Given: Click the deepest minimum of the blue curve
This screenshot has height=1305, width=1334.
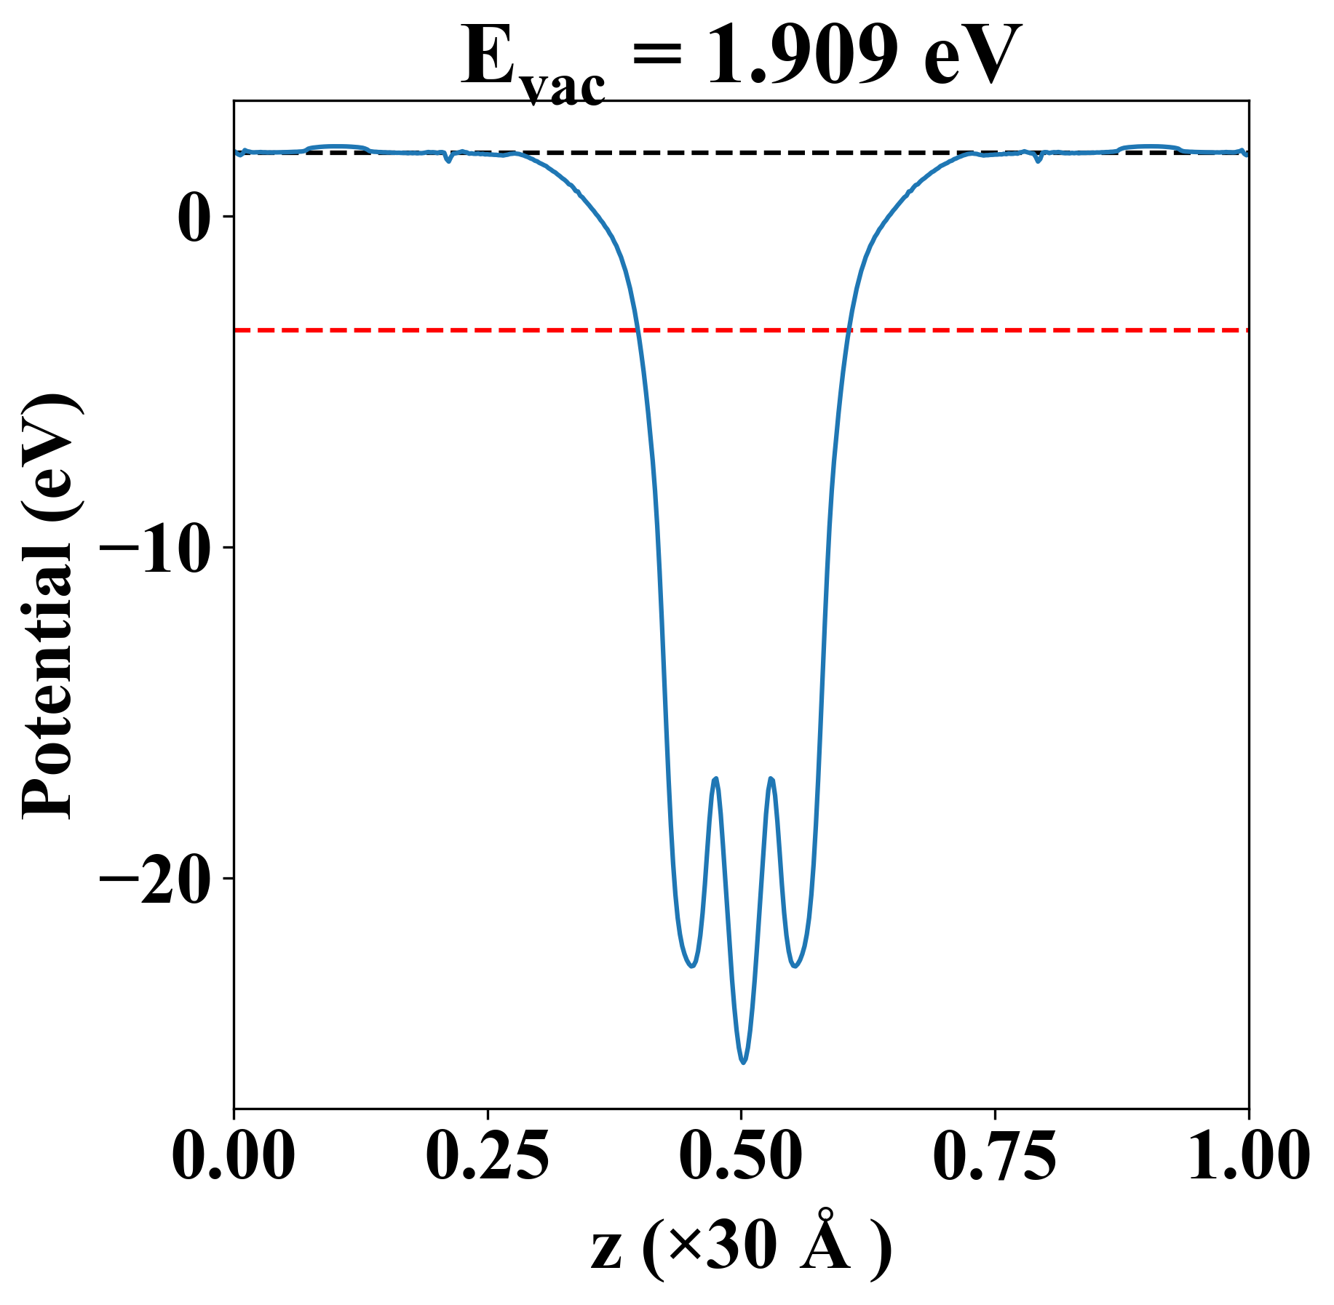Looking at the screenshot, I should pyautogui.click(x=743, y=1063).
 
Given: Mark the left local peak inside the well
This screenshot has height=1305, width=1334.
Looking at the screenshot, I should pyautogui.click(x=716, y=778).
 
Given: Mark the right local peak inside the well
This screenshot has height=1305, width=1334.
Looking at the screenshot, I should pyautogui.click(x=771, y=778).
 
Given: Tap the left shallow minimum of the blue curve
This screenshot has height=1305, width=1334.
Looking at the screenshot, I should pyautogui.click(x=691, y=966).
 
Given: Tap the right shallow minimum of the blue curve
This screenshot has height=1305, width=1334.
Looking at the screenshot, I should pyautogui.click(x=796, y=966).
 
